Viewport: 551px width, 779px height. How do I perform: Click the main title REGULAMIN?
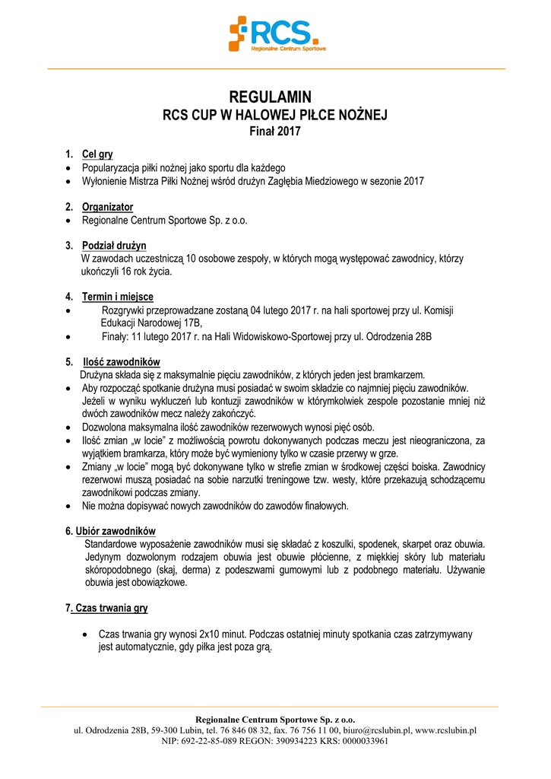click(275, 97)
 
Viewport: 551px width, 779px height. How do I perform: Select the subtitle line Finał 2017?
click(275, 131)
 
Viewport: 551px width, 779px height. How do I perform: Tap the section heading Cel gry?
click(97, 154)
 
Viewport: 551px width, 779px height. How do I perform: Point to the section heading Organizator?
click(107, 207)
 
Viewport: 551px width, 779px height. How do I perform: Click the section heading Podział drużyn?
click(114, 246)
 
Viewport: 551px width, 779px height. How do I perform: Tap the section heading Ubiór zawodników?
click(115, 530)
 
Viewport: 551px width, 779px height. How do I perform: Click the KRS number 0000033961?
click(364, 741)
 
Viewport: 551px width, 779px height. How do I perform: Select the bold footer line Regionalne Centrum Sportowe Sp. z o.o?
click(275, 719)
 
